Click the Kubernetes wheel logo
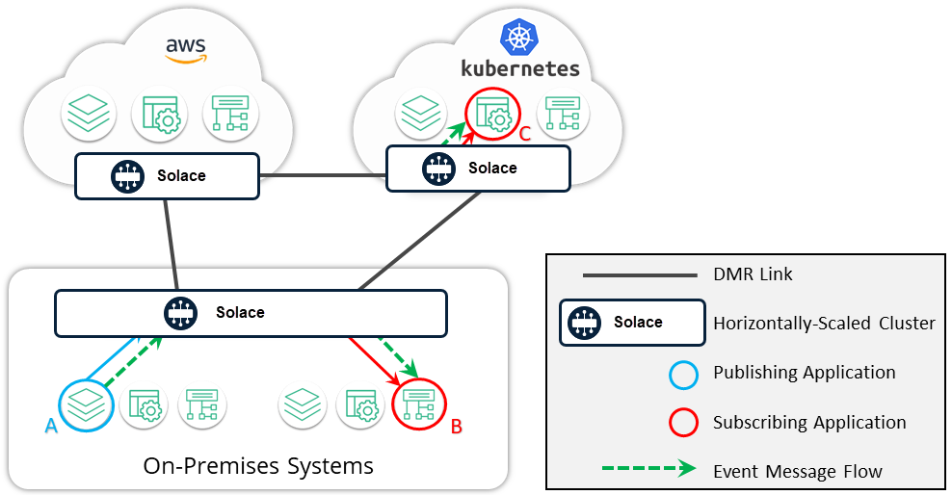pos(518,39)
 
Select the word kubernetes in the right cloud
pos(520,68)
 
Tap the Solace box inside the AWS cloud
pos(168,176)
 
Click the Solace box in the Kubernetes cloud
pos(478,169)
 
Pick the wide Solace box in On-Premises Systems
pos(251,312)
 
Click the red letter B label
pos(458,425)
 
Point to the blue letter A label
pos(51,426)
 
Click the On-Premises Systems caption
pos(258,467)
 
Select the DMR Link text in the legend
pos(753,274)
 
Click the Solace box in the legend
pos(633,323)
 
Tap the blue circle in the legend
pos(683,373)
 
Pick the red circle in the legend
pos(683,422)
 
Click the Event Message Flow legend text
pos(798,471)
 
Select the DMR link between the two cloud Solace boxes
pos(323,176)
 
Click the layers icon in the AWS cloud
pos(89,115)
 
